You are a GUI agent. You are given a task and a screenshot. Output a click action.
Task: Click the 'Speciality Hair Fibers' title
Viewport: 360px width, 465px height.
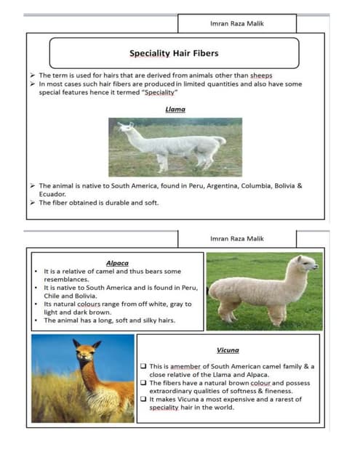click(174, 53)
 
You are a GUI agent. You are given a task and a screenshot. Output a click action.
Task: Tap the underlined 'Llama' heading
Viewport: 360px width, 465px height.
click(175, 109)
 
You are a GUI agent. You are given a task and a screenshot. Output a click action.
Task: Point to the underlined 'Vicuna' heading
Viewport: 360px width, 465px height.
click(228, 349)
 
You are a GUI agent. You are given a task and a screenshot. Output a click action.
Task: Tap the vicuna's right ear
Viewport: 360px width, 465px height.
click(97, 344)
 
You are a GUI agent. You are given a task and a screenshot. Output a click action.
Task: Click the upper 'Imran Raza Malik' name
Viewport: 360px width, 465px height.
click(236, 24)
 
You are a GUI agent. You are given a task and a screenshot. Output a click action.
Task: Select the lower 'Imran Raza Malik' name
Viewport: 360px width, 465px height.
click(236, 238)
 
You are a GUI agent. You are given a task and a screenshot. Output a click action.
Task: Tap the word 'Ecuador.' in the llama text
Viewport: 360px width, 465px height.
click(52, 194)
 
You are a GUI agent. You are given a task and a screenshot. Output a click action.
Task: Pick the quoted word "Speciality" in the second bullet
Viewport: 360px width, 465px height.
click(160, 93)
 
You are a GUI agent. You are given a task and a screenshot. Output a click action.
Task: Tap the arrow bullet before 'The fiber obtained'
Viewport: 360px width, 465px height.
click(33, 203)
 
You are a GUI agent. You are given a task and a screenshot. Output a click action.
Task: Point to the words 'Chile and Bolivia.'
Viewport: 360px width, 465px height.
click(71, 296)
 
